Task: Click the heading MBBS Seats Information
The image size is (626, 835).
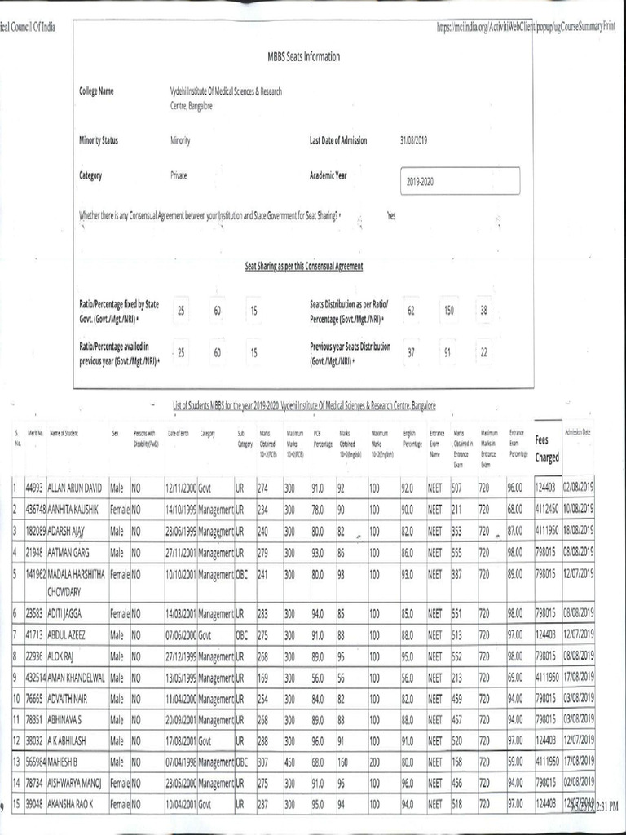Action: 303,56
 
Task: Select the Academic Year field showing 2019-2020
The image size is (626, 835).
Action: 460,181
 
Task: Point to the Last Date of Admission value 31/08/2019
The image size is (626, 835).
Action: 414,140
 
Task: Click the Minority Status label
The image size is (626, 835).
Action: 99,140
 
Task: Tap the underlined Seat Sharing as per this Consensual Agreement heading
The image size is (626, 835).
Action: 303,267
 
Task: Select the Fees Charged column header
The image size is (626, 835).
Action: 547,448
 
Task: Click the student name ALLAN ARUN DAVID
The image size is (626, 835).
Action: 75,488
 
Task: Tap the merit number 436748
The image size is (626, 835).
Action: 34,508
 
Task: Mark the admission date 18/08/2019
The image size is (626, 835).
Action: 577,528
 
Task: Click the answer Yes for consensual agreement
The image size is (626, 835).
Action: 391,216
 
